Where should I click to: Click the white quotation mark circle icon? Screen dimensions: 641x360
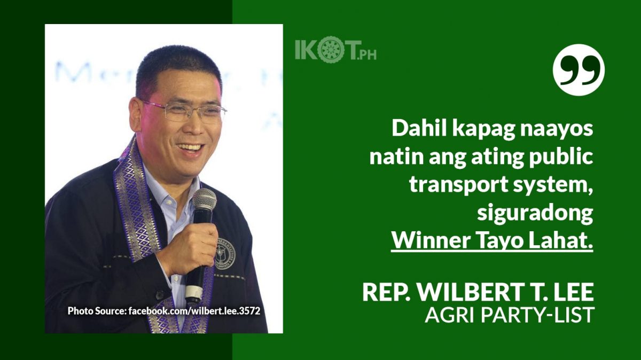click(579, 70)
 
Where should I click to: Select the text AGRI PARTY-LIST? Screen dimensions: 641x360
click(509, 315)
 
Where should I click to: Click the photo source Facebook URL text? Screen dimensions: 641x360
click(194, 311)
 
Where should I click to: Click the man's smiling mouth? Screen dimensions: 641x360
click(190, 150)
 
